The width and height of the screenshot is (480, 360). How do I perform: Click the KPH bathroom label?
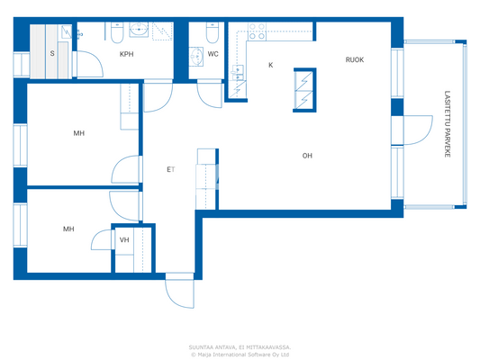pos(127,54)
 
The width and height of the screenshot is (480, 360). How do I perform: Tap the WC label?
pos(213,54)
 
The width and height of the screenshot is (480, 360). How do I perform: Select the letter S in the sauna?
pos(52,54)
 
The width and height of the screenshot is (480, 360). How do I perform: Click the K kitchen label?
pos(270,65)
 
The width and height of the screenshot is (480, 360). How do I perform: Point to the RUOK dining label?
pos(354,60)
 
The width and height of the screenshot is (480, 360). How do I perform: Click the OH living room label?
pos(307,156)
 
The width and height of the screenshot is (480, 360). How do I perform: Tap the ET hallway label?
pos(169,169)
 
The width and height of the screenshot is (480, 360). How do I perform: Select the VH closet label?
pos(124,239)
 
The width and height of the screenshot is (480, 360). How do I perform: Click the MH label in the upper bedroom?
pos(79,133)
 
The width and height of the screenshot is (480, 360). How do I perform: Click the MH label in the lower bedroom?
pos(68,229)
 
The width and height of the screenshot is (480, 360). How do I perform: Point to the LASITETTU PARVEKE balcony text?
pos(448,125)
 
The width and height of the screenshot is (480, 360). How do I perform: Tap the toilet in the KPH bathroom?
pos(118,34)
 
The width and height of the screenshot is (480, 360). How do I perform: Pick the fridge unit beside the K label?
pos(304,90)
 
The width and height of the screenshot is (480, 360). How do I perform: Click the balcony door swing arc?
pos(413,131)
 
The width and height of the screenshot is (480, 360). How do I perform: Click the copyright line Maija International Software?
pos(240,354)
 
